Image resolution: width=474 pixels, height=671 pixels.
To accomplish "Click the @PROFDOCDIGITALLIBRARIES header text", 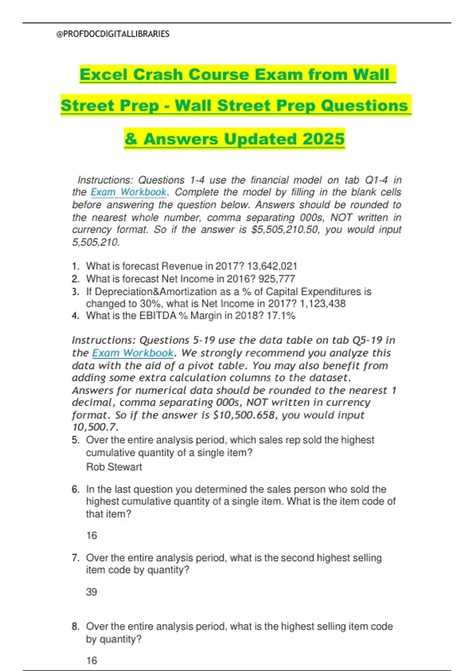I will tap(113, 34).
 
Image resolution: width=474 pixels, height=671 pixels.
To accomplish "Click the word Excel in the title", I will tap(103, 75).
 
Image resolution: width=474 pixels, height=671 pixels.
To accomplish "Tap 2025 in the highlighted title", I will tap(324, 139).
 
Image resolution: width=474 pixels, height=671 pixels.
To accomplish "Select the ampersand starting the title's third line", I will tap(131, 139).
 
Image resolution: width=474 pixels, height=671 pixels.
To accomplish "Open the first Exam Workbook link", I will tap(128, 192).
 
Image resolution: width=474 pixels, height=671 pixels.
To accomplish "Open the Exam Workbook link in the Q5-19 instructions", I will tap(133, 353).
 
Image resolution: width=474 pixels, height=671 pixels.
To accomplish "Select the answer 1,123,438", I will tap(323, 304).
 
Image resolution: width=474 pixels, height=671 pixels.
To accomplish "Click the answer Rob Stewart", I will tap(114, 467).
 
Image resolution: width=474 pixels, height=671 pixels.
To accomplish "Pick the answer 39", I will tap(91, 592).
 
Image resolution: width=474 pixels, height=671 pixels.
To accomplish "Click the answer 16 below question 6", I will tap(91, 536).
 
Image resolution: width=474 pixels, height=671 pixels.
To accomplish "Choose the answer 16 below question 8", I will tap(91, 660).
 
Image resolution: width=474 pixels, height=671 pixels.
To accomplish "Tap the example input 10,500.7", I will tap(95, 427).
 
